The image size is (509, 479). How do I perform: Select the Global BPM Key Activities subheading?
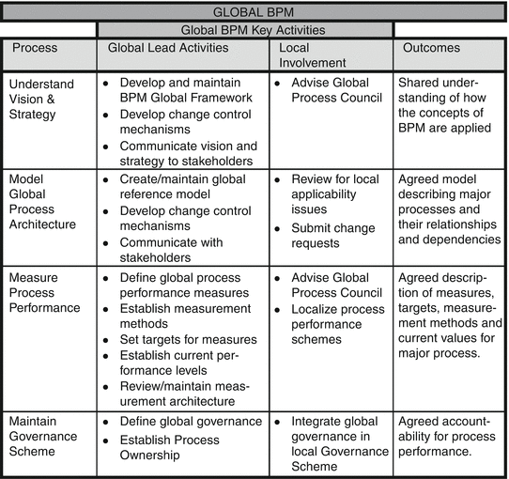[244, 29]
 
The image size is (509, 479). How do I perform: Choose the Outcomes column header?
[432, 47]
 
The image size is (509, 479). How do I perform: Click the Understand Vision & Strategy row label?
[41, 98]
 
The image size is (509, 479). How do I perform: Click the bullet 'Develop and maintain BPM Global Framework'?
[185, 89]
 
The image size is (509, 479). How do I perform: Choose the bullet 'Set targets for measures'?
[188, 340]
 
